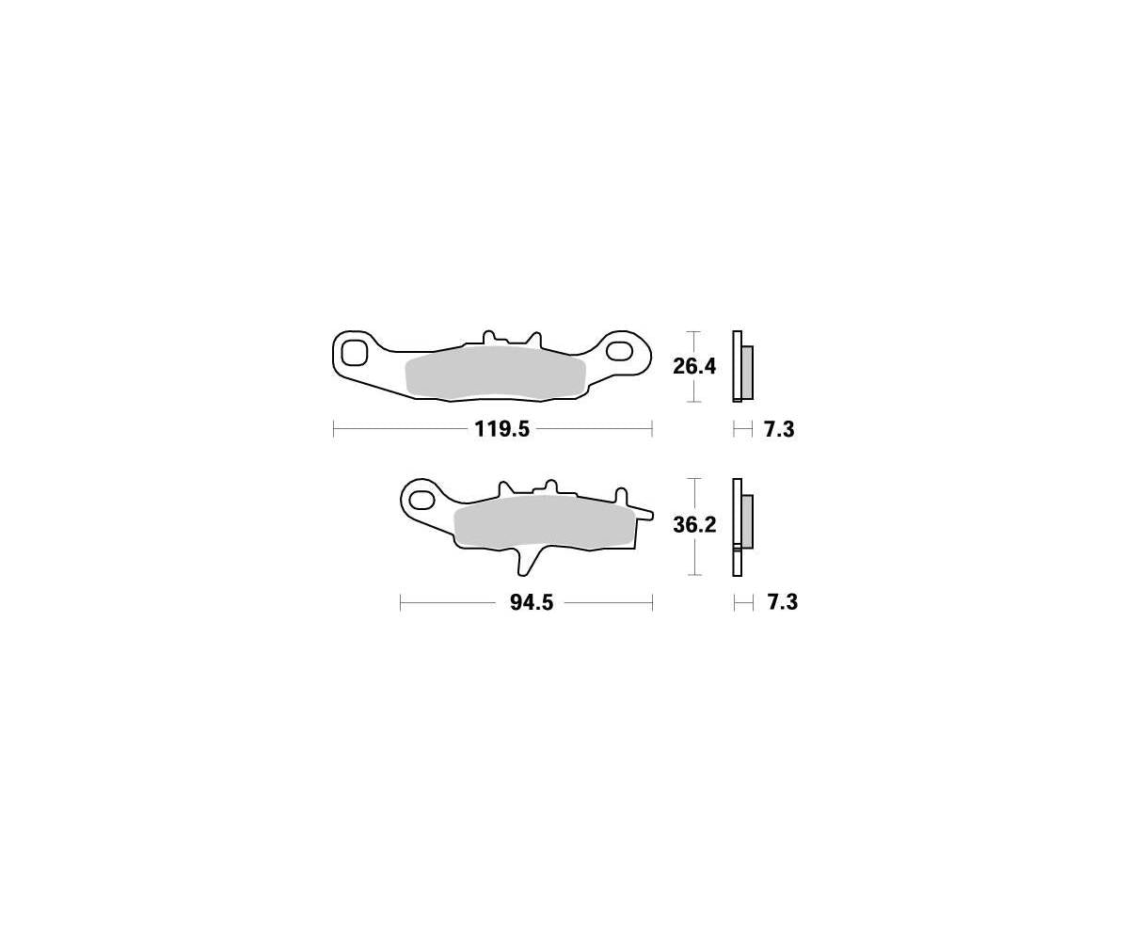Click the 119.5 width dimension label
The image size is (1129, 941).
click(501, 429)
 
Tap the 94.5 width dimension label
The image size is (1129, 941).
click(532, 602)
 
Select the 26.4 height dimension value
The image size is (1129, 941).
click(694, 367)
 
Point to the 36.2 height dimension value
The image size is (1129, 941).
click(695, 524)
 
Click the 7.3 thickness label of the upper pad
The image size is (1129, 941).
click(779, 429)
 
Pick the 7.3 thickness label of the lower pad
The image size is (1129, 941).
click(783, 602)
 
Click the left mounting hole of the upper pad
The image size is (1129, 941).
click(354, 353)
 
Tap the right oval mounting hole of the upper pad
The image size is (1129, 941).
click(620, 350)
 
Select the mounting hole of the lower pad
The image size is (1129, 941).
click(422, 499)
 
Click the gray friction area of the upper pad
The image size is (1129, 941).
click(495, 374)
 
